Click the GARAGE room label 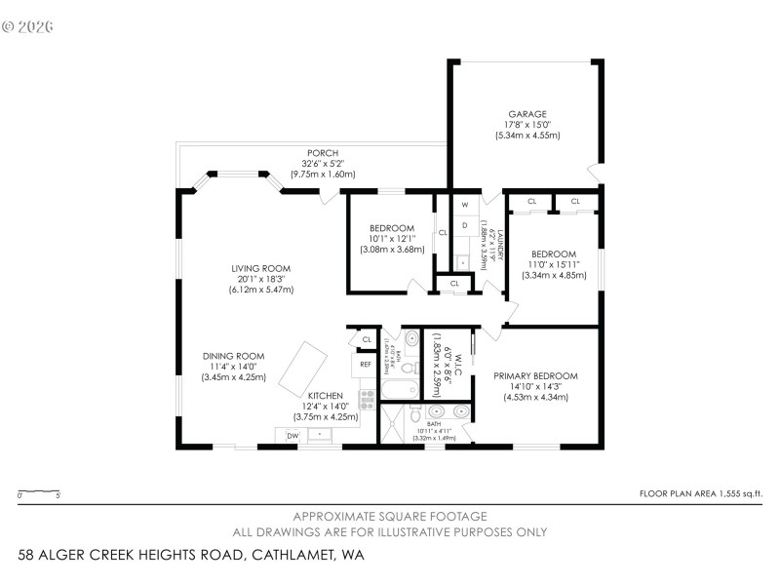[x=526, y=113]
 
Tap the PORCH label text [x=322, y=153]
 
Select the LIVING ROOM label [x=260, y=268]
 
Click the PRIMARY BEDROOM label [x=535, y=375]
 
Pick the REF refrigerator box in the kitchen [x=366, y=365]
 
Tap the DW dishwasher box [x=292, y=435]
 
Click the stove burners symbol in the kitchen [x=368, y=399]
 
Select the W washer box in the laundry [x=465, y=205]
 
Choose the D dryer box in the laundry [x=465, y=225]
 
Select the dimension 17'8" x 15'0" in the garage [x=526, y=124]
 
